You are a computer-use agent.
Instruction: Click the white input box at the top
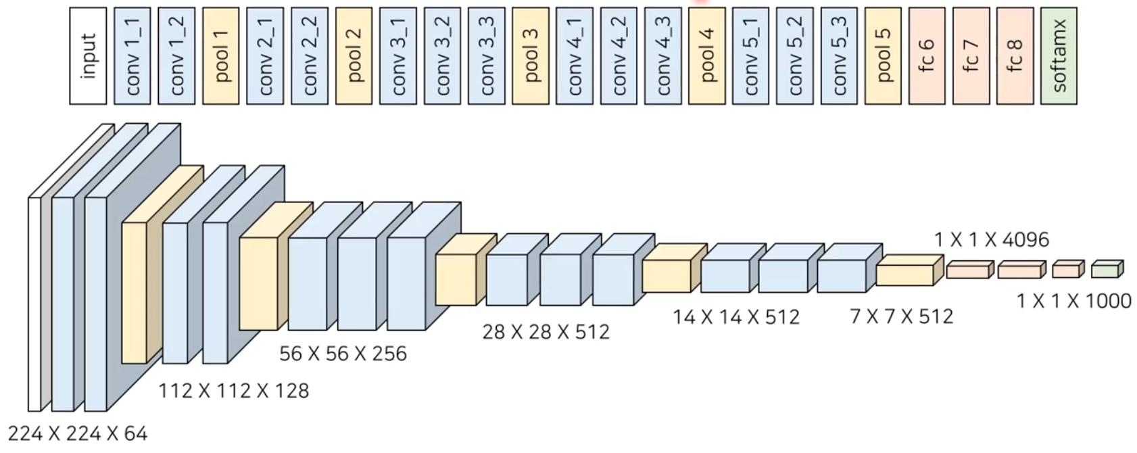tap(88, 56)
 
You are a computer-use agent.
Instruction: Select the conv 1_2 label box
tap(176, 56)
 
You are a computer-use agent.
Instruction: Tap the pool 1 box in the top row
tap(221, 56)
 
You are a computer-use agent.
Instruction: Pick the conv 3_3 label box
tap(486, 56)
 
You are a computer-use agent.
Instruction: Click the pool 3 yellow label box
tap(531, 56)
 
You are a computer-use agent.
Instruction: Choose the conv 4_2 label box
tap(619, 56)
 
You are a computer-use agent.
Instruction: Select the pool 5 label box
tap(883, 56)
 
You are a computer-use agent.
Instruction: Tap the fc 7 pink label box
tap(971, 56)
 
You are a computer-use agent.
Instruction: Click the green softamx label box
tap(1059, 56)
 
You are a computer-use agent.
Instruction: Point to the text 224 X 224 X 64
tap(78, 433)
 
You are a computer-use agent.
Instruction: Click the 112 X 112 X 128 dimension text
tap(233, 391)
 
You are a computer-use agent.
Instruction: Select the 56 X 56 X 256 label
tap(343, 354)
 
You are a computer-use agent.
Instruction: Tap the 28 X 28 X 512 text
tap(546, 331)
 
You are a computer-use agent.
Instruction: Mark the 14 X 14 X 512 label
tap(735, 316)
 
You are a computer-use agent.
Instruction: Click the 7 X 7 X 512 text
tap(901, 316)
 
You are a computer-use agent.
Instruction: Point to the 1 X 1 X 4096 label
tap(992, 239)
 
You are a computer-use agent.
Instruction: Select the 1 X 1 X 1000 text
tap(1073, 301)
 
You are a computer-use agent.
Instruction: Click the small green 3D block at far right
tap(1106, 270)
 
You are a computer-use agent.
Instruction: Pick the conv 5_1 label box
tap(751, 56)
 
